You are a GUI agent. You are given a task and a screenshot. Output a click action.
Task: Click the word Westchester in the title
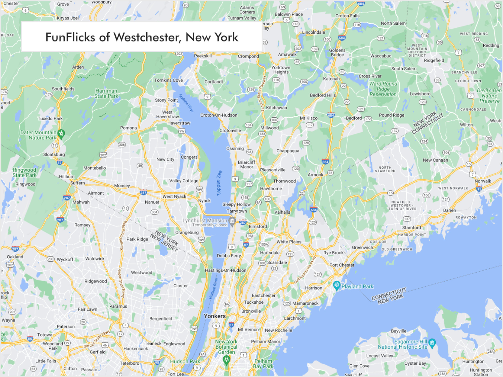click(147, 37)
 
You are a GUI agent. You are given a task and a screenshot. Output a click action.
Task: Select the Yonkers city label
click(215, 316)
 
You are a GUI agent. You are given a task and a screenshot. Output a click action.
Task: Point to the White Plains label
click(289, 242)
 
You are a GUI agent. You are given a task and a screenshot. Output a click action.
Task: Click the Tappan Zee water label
click(219, 183)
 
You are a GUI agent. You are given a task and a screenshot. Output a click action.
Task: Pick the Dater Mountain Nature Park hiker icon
click(61, 134)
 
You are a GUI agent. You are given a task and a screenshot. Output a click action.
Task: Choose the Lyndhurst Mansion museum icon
click(232, 221)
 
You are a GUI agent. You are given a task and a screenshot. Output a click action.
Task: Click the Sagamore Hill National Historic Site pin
click(432, 343)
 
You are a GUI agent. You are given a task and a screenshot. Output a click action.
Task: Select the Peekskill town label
click(203, 56)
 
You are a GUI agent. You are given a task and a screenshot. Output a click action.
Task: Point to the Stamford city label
click(411, 227)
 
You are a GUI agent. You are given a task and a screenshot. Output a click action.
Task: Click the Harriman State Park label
click(106, 93)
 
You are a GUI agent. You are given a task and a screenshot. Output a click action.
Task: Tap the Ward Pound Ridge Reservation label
click(383, 89)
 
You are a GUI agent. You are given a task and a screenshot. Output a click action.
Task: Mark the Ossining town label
click(235, 149)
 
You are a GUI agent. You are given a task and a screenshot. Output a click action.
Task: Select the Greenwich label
click(362, 247)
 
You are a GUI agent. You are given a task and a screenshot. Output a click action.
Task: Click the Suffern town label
click(77, 183)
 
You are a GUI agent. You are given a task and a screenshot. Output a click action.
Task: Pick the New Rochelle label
click(278, 330)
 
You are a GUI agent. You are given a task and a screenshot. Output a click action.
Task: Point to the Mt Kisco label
click(309, 118)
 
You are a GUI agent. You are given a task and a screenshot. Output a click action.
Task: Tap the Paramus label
click(118, 306)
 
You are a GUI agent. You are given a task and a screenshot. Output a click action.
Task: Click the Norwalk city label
click(483, 181)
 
